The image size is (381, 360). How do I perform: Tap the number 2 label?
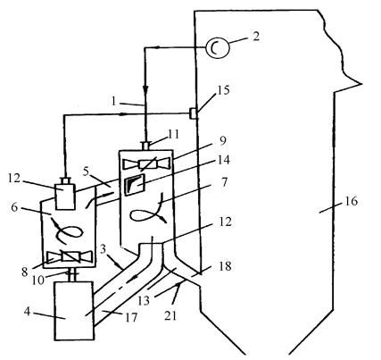point(255,37)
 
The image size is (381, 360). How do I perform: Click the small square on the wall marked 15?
point(194,113)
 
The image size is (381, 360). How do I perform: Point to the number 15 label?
point(223,90)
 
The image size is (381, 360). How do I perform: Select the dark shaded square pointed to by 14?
point(135,186)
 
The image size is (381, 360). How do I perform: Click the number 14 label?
point(224,161)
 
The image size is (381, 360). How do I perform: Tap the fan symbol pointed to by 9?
point(146,164)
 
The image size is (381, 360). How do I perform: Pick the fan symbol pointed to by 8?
point(70,256)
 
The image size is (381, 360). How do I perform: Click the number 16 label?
point(352,202)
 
